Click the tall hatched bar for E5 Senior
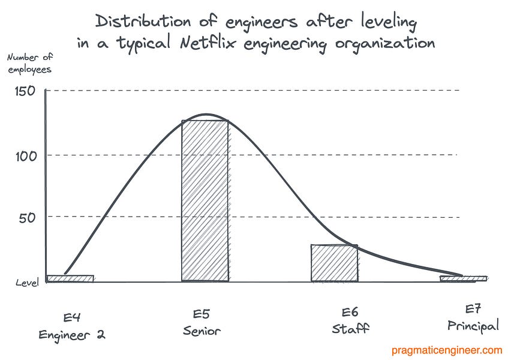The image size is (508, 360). click(205, 201)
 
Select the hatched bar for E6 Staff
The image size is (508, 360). click(334, 263)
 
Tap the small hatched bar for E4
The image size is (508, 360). click(70, 278)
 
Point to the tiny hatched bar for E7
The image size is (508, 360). click(463, 278)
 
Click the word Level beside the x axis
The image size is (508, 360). click(28, 282)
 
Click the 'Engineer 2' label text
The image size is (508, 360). click(72, 334)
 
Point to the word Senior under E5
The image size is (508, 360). click(202, 331)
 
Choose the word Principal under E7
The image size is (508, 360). click(473, 326)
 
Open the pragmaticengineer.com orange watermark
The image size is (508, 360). click(447, 349)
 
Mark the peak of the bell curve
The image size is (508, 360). click(206, 115)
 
